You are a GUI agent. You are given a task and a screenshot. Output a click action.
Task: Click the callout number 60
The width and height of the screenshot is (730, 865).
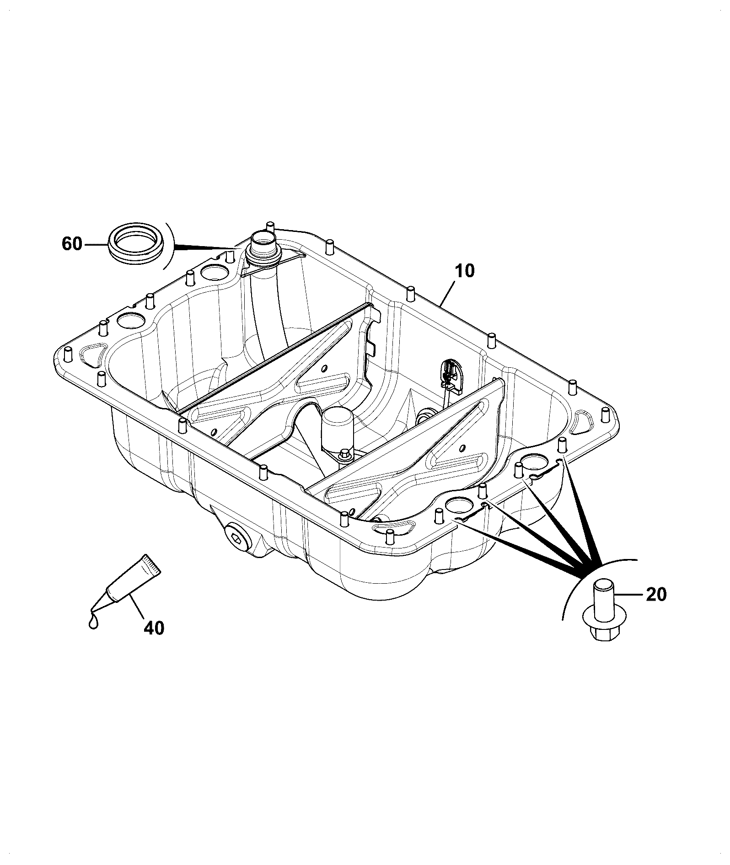[x=72, y=244]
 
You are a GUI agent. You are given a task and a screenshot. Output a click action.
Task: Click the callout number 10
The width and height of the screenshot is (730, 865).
[x=465, y=271]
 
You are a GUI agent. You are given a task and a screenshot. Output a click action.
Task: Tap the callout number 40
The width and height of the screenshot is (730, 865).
[x=154, y=628]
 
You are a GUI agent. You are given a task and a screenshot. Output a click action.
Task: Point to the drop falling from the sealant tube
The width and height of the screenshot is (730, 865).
[x=93, y=622]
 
